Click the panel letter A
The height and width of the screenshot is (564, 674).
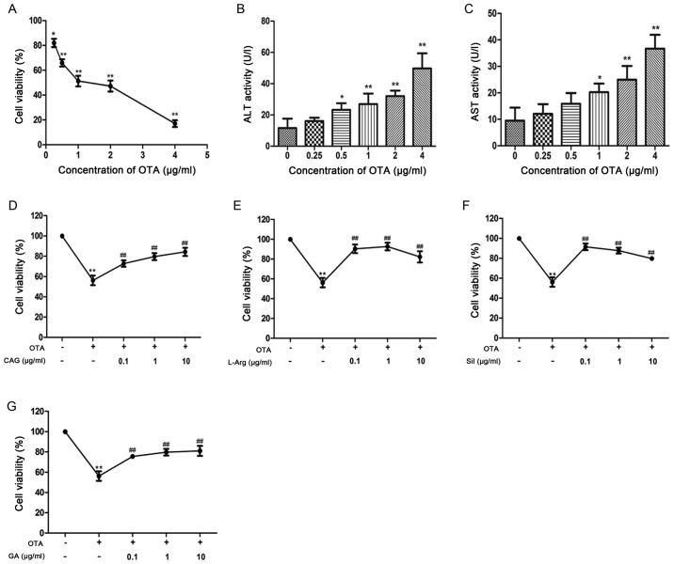pyautogui.click(x=8, y=8)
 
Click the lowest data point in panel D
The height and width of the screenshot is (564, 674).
pyautogui.click(x=92, y=280)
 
